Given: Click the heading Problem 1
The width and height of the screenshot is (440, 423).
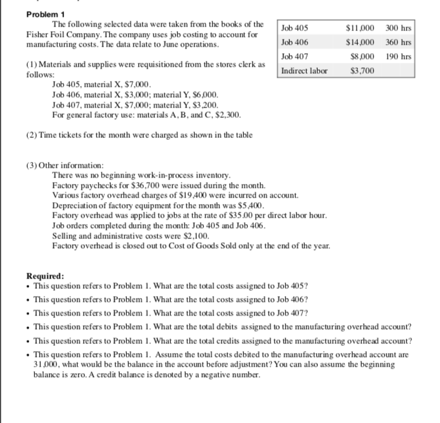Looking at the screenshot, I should click(x=30, y=14).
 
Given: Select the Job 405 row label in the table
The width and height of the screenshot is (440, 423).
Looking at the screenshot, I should click(x=295, y=28).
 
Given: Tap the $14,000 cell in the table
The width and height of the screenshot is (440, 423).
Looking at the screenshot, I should click(x=361, y=42).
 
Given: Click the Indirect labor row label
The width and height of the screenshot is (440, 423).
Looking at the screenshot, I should click(x=304, y=70).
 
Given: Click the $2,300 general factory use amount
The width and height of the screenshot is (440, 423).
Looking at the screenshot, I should click(x=226, y=115).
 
